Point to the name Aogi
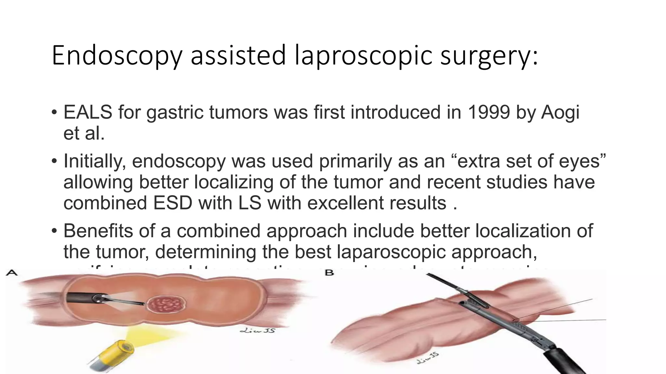pos(560,113)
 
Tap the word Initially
pos(95,161)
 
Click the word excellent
pos(344,203)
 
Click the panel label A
pos(12,272)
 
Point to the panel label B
pos(329,273)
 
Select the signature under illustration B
pos(428,358)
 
